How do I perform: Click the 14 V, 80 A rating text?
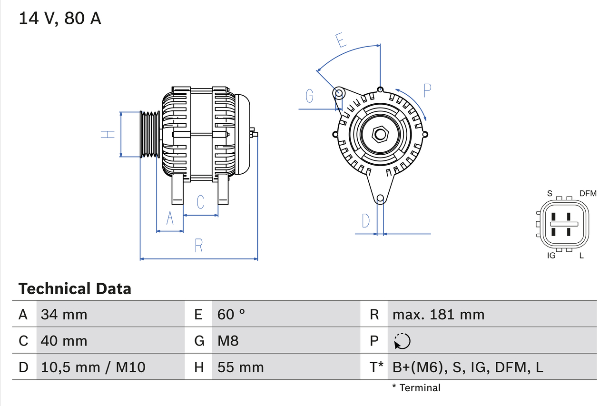60,19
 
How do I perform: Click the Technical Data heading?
75,288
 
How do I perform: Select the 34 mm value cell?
64,314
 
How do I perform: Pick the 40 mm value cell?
64,341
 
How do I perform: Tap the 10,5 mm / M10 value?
93,367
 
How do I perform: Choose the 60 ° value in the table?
231,314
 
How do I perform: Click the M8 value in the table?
228,341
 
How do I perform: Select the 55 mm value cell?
240,367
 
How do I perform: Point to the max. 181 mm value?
438,314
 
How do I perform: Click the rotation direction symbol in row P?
402,341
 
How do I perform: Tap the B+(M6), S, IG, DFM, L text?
468,367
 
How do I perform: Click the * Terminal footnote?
416,388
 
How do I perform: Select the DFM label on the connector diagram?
588,193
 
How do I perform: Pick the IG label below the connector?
551,256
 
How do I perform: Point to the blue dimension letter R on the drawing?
199,246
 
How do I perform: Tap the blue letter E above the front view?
340,40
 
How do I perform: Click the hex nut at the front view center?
380,134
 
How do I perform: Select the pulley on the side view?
149,134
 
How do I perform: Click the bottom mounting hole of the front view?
380,198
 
